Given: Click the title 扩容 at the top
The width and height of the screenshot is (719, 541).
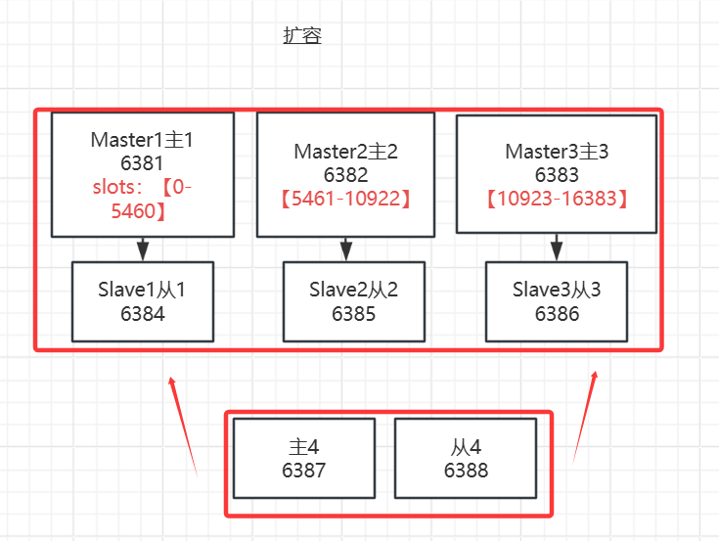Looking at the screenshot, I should (302, 36).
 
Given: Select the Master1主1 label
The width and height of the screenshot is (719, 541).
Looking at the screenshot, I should (143, 139).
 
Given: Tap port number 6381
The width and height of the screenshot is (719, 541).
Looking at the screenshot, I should (143, 162).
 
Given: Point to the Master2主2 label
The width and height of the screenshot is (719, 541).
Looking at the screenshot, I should (345, 152).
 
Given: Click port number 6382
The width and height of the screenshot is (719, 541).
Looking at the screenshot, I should (345, 175).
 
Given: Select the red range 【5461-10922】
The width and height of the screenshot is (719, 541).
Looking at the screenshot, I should (345, 199).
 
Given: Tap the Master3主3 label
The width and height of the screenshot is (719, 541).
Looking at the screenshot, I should (557, 152).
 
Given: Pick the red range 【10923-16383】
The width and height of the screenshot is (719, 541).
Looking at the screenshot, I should (557, 199).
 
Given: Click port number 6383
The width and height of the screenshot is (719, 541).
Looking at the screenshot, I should (557, 175).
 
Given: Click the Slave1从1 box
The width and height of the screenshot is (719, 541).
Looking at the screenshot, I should (143, 301).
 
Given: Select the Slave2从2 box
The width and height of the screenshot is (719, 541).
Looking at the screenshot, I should (353, 301).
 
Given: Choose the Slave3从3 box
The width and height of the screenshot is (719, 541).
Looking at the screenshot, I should (557, 301).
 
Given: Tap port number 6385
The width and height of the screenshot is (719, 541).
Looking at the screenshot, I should (353, 314).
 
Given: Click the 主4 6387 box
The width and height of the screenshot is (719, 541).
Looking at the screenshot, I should (304, 458).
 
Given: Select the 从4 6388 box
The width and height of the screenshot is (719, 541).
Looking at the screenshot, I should (465, 458).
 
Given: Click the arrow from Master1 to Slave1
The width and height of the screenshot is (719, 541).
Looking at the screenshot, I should (143, 248).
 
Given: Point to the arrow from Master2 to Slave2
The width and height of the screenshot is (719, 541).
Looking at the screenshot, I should (345, 248).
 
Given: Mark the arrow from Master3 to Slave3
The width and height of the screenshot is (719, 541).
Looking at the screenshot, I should (557, 247).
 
